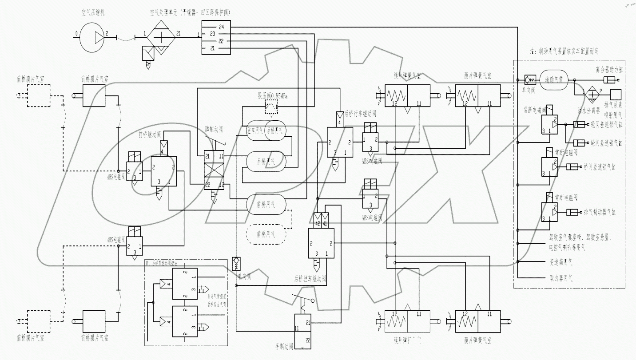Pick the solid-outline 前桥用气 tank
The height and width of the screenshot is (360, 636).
(266, 204)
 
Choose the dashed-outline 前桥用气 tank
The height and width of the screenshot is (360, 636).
(266, 234)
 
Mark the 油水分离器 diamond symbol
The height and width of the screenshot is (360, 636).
(591, 95)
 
